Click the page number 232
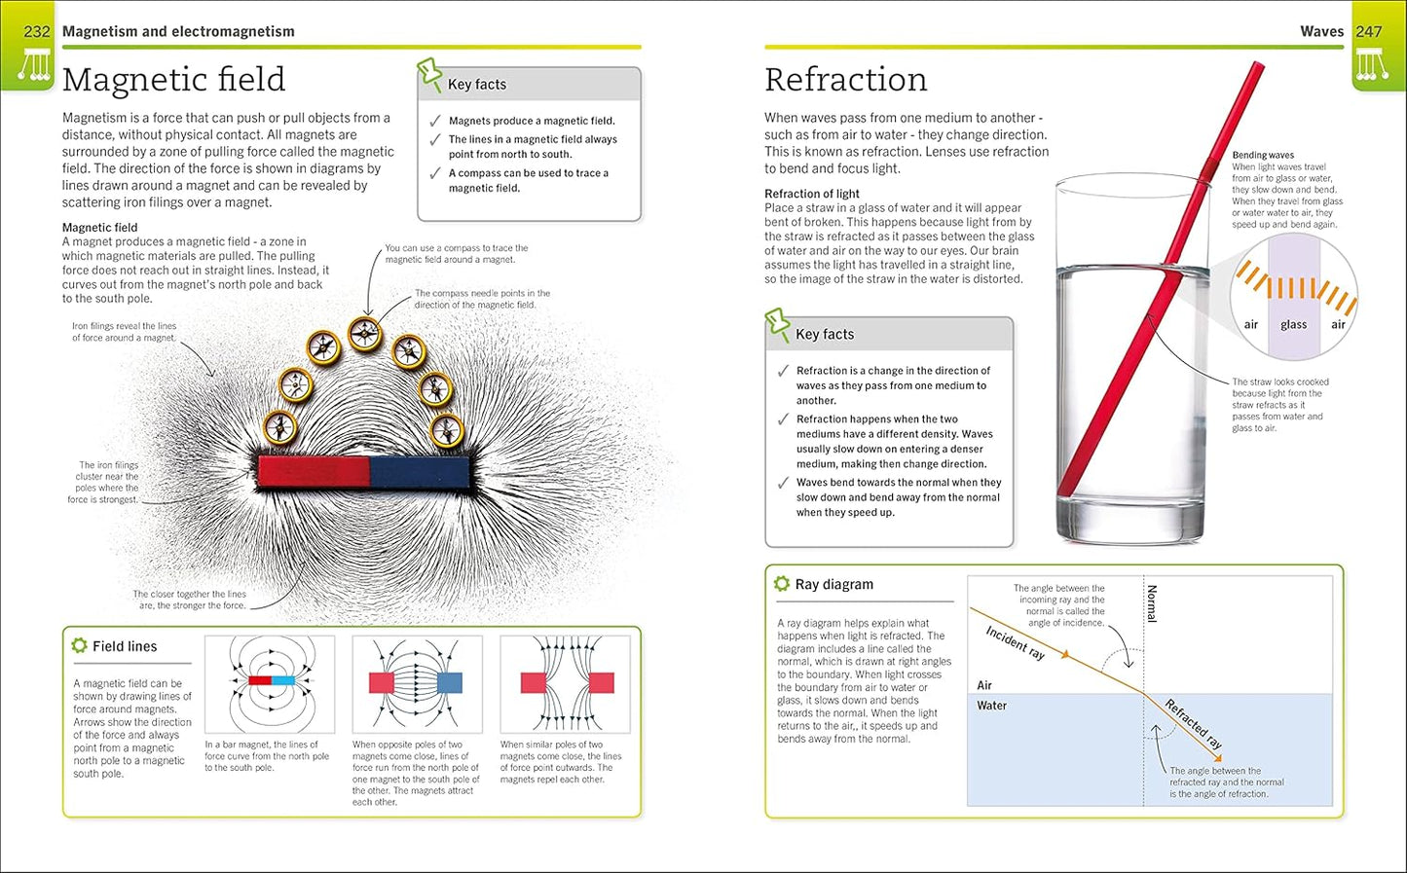(x=37, y=31)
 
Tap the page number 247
(x=1368, y=31)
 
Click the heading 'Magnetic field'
(x=173, y=79)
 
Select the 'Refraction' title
(x=845, y=79)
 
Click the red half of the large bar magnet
(x=314, y=472)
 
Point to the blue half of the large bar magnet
(x=420, y=472)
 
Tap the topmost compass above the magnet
(x=365, y=334)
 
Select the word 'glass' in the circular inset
(x=1293, y=325)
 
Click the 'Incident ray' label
(x=1016, y=643)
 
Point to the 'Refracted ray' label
(x=1194, y=724)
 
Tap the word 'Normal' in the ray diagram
(x=1152, y=603)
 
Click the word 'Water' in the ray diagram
(x=991, y=706)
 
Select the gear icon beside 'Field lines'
(x=79, y=645)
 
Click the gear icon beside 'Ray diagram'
(x=781, y=584)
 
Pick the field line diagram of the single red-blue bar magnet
(x=270, y=683)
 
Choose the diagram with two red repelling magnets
(x=566, y=683)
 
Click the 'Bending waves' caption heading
(x=1263, y=155)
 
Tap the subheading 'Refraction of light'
(x=812, y=194)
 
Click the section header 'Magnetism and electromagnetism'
(x=178, y=31)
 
